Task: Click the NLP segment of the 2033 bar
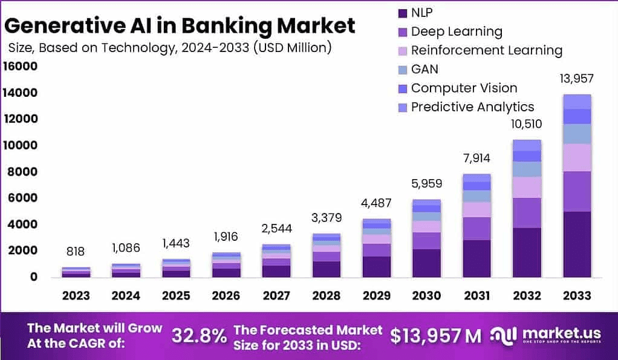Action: pos(576,244)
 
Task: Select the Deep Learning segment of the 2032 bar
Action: pos(526,213)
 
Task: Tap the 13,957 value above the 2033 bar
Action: pos(576,78)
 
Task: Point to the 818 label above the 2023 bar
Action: pos(76,251)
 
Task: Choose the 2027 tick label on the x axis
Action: pos(276,295)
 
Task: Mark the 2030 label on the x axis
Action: pos(426,295)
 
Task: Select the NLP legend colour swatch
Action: pos(402,13)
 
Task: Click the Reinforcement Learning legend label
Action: pos(486,50)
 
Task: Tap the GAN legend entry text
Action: pos(424,69)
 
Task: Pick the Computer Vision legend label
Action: pos(464,88)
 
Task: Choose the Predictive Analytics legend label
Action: pos(472,107)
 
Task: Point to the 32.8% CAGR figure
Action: pos(199,335)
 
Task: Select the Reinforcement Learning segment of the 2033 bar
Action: pos(576,157)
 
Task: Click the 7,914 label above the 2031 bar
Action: pos(476,159)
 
